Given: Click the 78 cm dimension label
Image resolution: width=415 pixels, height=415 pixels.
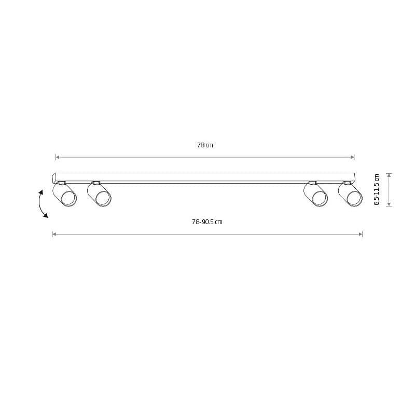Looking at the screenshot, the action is pos(205,145).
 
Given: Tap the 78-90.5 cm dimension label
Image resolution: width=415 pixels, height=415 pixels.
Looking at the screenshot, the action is pos(207,222).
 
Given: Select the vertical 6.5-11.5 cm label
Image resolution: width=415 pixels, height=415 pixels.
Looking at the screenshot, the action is pos(377,189).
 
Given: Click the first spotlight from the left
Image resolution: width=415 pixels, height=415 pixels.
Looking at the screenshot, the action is pos(64,194).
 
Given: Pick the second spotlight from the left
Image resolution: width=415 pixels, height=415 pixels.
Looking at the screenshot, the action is pos(99,194).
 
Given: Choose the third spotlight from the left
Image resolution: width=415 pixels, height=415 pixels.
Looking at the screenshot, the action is pos(315,194).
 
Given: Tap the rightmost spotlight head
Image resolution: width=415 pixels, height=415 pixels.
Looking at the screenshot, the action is pos(350,194).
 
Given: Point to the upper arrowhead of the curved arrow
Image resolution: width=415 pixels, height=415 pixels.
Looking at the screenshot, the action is pos(41,192).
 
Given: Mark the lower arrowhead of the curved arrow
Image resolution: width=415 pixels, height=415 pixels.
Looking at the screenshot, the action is pos(46,215).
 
